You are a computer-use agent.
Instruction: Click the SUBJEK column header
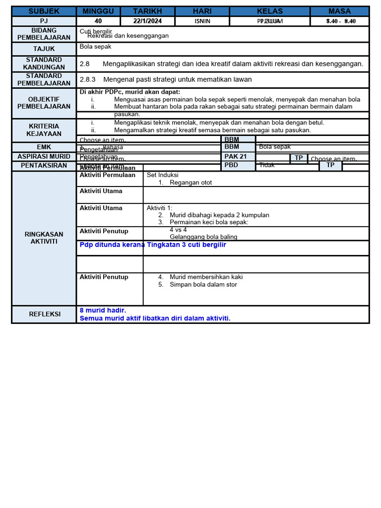pos(44,11)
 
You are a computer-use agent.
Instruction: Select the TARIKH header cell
pos(147,11)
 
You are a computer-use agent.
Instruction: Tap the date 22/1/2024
pos(147,21)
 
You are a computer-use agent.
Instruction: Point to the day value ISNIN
pos(202,21)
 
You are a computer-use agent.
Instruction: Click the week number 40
pos(98,21)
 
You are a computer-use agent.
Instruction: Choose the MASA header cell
pos(339,11)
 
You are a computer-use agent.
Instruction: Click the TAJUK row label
pos(44,49)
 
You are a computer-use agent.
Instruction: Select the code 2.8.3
pos(87,79)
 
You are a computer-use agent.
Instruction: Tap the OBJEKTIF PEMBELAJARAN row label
pos(44,103)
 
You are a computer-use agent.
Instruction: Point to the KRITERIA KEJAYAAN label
pos(44,130)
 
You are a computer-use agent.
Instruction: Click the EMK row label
pos(44,147)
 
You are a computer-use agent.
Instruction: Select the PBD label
pos(231,165)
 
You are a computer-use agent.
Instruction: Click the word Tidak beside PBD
pos(267,165)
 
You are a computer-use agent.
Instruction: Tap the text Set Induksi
pos(162,175)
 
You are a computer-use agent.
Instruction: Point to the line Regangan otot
pos(190,183)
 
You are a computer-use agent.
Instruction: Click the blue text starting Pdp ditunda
pos(153,245)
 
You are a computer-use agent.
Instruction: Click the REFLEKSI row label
pos(44,314)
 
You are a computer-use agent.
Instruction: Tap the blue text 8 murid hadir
pos(103,310)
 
